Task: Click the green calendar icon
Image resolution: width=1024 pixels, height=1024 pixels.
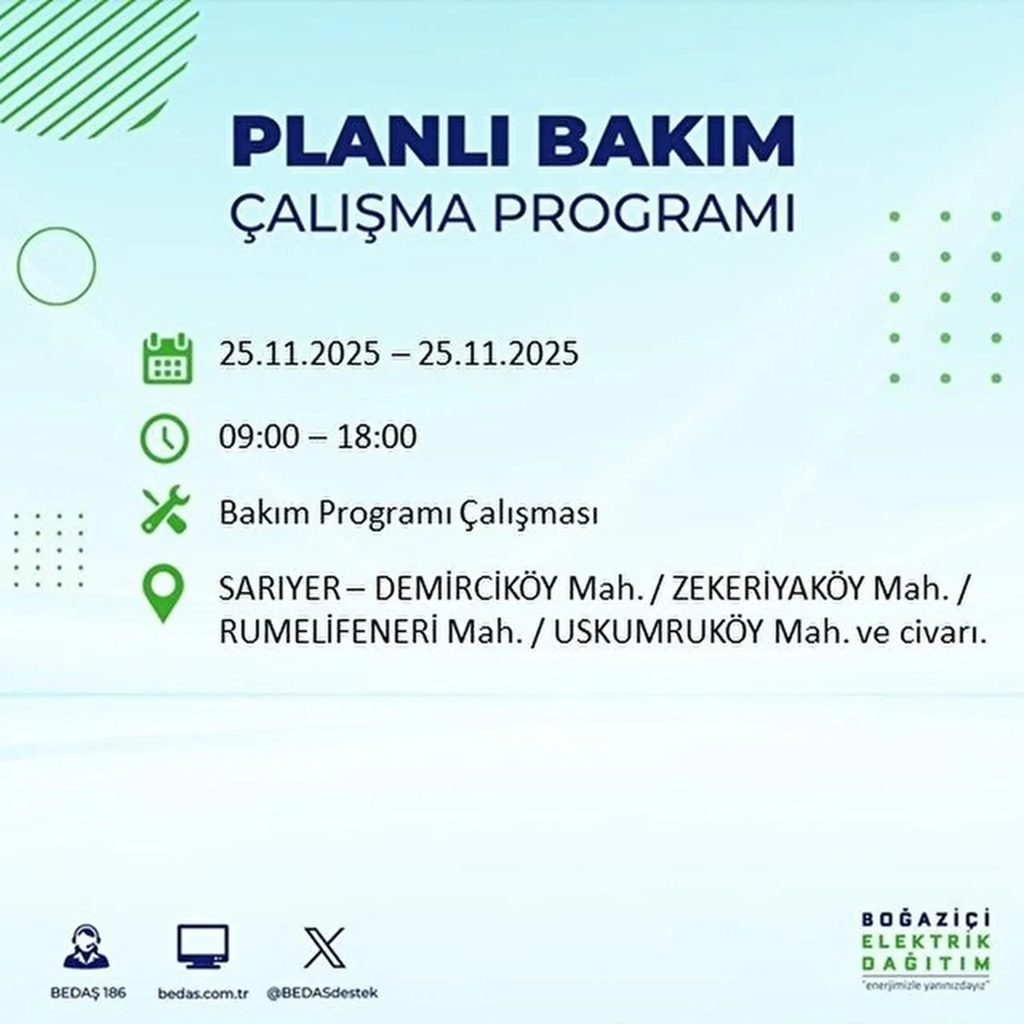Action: [x=168, y=358]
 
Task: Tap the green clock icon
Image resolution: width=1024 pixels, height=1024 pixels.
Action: [x=164, y=439]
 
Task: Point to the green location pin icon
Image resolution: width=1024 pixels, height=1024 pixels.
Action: [x=162, y=593]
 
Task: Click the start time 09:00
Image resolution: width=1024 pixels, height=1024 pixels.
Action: [x=258, y=437]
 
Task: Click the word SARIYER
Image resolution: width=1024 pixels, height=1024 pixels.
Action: [x=269, y=590]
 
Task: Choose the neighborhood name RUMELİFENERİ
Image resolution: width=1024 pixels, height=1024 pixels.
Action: [x=327, y=633]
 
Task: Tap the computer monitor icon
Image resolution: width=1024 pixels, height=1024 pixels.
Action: [x=202, y=947]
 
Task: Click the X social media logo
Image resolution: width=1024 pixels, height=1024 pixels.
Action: [x=324, y=947]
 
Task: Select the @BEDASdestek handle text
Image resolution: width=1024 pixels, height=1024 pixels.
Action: [x=322, y=993]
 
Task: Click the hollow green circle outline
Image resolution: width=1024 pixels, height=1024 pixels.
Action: [x=56, y=266]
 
